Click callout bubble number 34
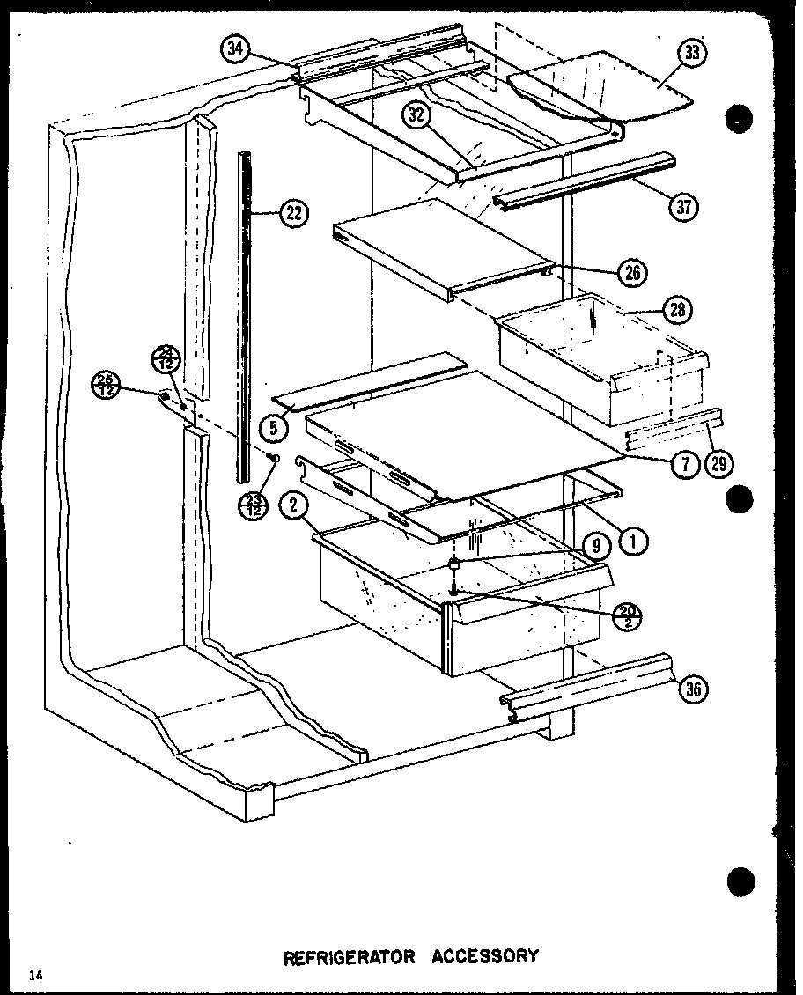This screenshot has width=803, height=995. pyautogui.click(x=235, y=49)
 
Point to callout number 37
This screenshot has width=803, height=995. pyautogui.click(x=684, y=207)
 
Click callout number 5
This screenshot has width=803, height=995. pyautogui.click(x=274, y=428)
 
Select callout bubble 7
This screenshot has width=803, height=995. pyautogui.click(x=685, y=463)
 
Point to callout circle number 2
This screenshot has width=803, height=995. pyautogui.click(x=291, y=505)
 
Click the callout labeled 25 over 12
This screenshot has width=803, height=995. pyautogui.click(x=107, y=385)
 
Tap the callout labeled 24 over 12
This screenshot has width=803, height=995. pyautogui.click(x=170, y=359)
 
